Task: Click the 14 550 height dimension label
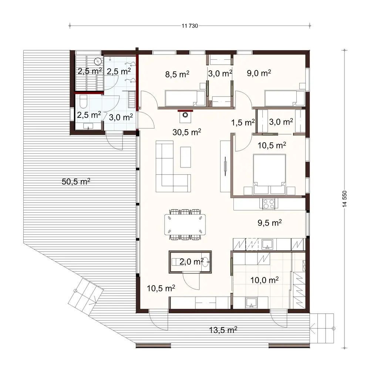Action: point(345,201)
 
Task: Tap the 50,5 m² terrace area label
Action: point(76,181)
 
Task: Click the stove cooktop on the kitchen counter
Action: point(268,203)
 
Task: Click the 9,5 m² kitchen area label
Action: point(270,223)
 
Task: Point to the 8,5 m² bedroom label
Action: point(177,74)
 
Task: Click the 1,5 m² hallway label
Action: point(243,122)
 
